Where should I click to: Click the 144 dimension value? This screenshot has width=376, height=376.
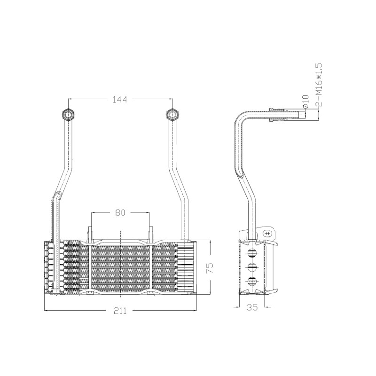click(120, 99)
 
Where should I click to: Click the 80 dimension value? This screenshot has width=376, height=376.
click(120, 212)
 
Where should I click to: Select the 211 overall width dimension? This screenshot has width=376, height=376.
click(120, 311)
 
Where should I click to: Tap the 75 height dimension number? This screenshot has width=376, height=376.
click(209, 268)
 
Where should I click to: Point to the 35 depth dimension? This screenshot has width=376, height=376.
click(252, 307)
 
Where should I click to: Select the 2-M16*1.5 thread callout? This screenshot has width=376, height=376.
click(319, 85)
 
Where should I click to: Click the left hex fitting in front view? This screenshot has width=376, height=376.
click(68, 114)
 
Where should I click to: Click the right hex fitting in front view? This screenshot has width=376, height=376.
click(172, 114)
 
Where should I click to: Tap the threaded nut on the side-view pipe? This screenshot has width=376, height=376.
click(278, 115)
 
